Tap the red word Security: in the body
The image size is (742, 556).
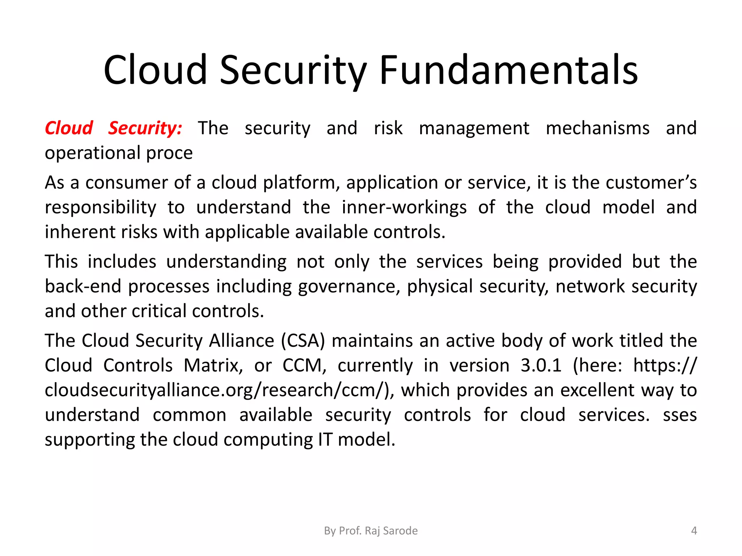coord(145,129)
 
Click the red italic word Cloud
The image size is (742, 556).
coord(69,129)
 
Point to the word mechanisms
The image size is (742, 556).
coord(597,129)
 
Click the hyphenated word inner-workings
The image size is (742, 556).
coord(404,207)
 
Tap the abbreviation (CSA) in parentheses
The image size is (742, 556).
coord(303,341)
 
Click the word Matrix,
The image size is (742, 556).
coord(213,366)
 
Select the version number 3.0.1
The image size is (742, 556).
coord(541,366)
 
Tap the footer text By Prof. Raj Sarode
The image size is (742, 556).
coord(371,531)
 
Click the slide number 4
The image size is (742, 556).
coord(694,531)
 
